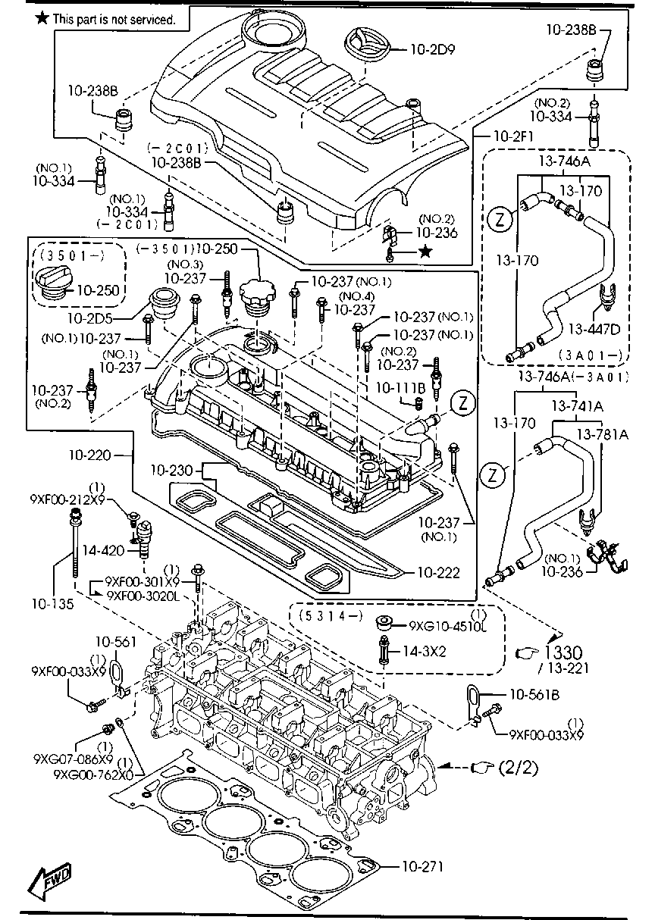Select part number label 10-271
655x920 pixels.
pyautogui.click(x=422, y=866)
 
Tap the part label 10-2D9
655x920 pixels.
pyautogui.click(x=432, y=51)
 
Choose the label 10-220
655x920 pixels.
pyautogui.click(x=89, y=455)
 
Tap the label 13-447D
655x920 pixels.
pyautogui.click(x=594, y=329)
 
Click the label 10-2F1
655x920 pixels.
pyautogui.click(x=513, y=136)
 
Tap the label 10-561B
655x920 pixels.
pyautogui.click(x=534, y=693)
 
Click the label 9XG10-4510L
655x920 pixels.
pyautogui.click(x=447, y=626)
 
